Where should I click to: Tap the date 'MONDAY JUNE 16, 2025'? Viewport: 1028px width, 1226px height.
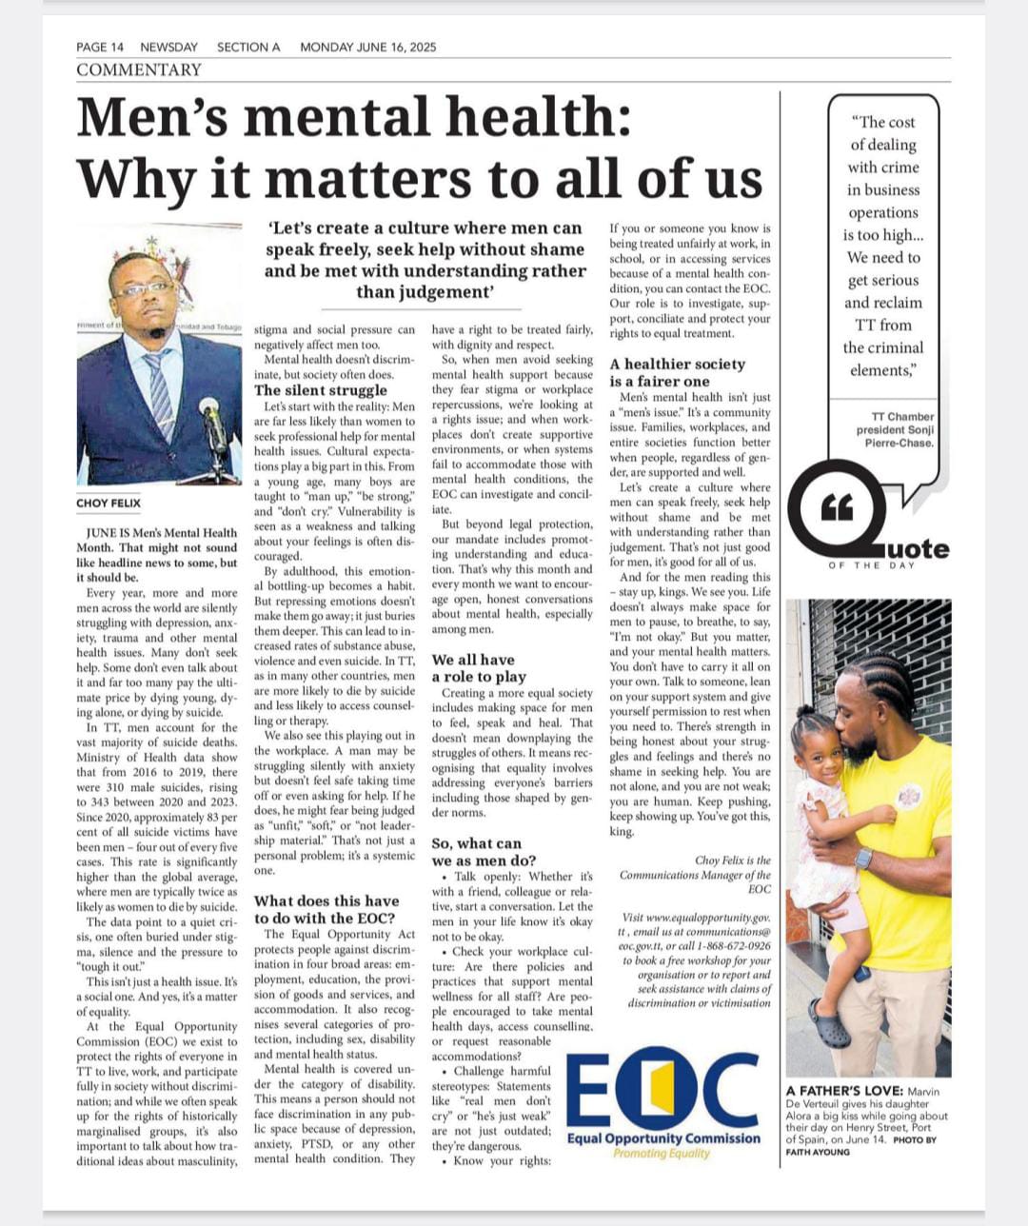pyautogui.click(x=367, y=47)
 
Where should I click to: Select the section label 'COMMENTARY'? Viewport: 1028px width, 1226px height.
pyautogui.click(x=139, y=69)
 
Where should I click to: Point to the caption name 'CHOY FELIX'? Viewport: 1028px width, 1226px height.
pyautogui.click(x=109, y=503)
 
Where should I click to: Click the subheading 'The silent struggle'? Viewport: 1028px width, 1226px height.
pyautogui.click(x=320, y=390)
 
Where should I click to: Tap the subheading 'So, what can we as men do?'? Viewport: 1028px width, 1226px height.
pyautogui.click(x=484, y=852)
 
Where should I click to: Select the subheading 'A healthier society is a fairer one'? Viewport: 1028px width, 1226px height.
pyautogui.click(x=677, y=372)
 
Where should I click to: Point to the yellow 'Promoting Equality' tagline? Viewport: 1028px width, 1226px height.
pyautogui.click(x=662, y=1153)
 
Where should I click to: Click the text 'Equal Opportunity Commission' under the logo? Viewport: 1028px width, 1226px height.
pyautogui.click(x=663, y=1137)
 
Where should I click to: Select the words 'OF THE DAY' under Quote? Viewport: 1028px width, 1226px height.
pyautogui.click(x=871, y=565)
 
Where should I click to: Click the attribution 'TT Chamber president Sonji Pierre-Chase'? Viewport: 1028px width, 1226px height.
pyautogui.click(x=895, y=429)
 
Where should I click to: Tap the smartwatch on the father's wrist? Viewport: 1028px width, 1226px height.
pyautogui.click(x=863, y=858)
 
